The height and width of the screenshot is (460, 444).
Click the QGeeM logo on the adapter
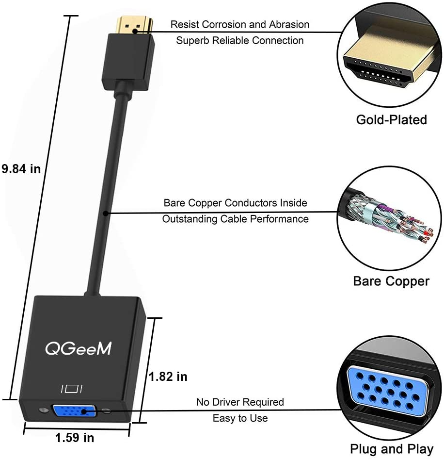(x=78, y=348)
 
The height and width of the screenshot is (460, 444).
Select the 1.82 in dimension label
(x=168, y=376)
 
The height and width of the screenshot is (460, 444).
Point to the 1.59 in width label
(x=75, y=438)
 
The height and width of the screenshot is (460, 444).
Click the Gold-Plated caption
(x=391, y=120)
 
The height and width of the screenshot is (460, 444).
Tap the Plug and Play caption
(x=391, y=449)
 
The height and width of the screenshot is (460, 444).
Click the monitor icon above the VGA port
(x=72, y=388)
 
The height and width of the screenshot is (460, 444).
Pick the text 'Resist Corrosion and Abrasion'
(x=239, y=24)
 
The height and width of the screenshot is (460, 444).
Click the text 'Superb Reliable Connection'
(x=239, y=40)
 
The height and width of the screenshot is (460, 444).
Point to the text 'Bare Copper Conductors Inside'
(x=235, y=203)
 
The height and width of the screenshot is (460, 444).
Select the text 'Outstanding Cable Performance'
(x=235, y=219)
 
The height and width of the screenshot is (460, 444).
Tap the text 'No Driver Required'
(x=240, y=402)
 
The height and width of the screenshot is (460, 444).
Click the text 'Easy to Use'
(x=240, y=418)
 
